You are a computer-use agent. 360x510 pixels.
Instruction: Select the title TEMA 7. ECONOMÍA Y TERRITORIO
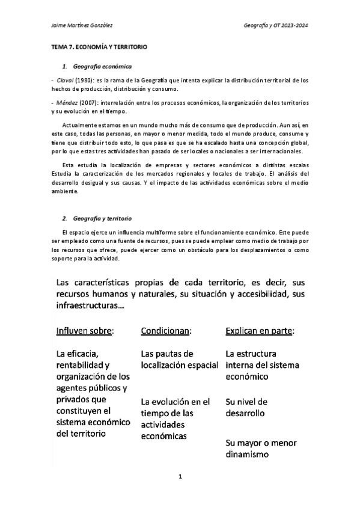coord(99,46)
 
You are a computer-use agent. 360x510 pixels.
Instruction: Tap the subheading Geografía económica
coord(102,64)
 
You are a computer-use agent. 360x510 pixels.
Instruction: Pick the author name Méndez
coord(66,103)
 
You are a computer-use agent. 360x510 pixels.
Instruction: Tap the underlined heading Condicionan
coord(166,331)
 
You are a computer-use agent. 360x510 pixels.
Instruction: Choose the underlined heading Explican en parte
coord(263,331)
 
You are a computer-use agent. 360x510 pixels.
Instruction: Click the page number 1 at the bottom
coord(180,476)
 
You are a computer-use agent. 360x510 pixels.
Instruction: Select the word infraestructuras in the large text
coord(88,306)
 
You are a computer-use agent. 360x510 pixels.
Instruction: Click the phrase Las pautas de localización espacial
coord(178,359)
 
